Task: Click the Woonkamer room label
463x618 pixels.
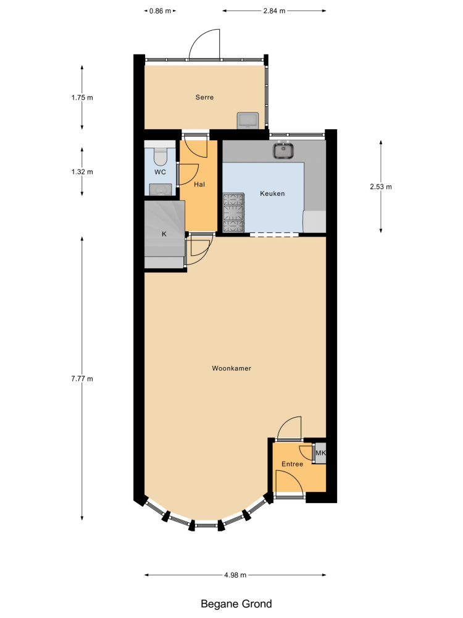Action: pyautogui.click(x=231, y=368)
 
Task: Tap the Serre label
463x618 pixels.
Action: pyautogui.click(x=205, y=98)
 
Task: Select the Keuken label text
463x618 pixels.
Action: pyautogui.click(x=272, y=193)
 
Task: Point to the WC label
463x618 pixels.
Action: pyautogui.click(x=161, y=172)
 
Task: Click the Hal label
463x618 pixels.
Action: pyautogui.click(x=199, y=184)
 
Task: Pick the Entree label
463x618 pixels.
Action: pyautogui.click(x=292, y=464)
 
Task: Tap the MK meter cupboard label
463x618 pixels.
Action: pyautogui.click(x=321, y=453)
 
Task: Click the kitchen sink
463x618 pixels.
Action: pyautogui.click(x=283, y=150)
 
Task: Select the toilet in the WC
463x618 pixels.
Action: pyautogui.click(x=161, y=156)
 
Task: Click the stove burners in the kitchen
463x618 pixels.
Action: pyautogui.click(x=234, y=212)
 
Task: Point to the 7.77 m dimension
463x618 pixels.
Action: pyautogui.click(x=82, y=379)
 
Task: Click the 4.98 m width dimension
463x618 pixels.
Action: pyautogui.click(x=235, y=575)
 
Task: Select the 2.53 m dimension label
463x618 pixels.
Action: pyautogui.click(x=381, y=187)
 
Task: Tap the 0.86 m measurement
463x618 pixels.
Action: pyautogui.click(x=161, y=11)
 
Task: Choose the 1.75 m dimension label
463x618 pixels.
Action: pyautogui.click(x=82, y=98)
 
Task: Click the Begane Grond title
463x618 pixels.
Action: pyautogui.click(x=236, y=604)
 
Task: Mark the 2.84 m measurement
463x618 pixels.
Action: pyautogui.click(x=275, y=11)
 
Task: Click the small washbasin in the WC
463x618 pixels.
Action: pyautogui.click(x=161, y=190)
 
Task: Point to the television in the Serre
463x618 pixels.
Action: pyautogui.click(x=248, y=121)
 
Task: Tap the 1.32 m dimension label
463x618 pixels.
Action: pyautogui.click(x=82, y=172)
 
